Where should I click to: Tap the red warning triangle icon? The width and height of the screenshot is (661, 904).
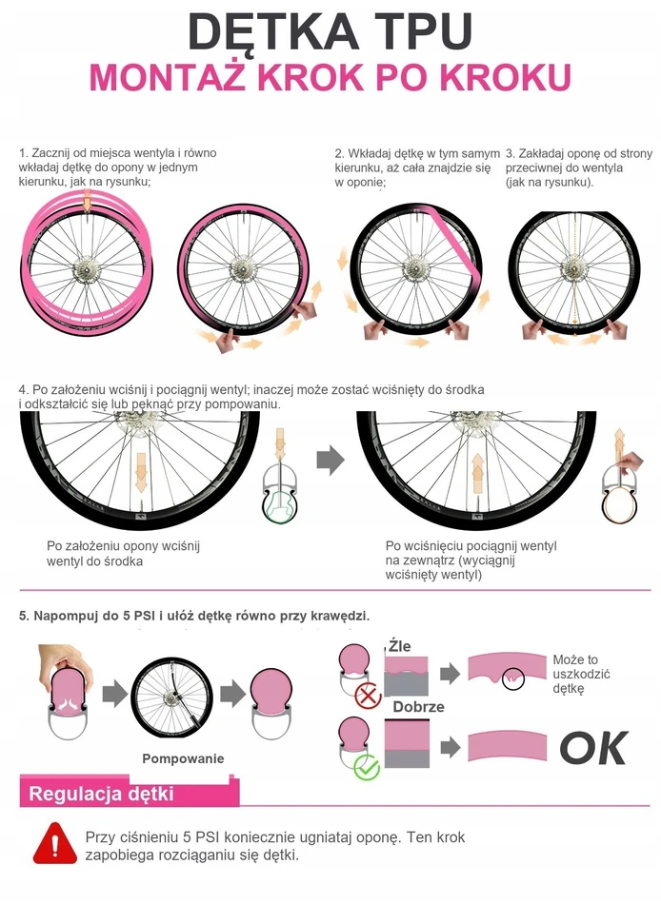(x=55, y=843)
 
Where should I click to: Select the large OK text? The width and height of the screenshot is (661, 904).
(x=593, y=748)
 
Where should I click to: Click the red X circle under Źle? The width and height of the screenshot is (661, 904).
(x=368, y=696)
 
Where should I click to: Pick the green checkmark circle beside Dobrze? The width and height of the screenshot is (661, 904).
(x=367, y=767)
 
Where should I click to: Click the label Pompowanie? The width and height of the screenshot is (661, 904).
(x=183, y=758)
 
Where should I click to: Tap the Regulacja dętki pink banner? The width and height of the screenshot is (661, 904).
(x=130, y=793)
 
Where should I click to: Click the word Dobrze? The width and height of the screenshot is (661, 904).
(x=418, y=707)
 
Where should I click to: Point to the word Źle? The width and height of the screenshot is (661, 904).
(x=399, y=646)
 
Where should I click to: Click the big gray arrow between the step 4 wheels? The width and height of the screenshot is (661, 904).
(x=330, y=460)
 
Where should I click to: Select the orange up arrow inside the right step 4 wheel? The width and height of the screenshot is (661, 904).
(x=477, y=473)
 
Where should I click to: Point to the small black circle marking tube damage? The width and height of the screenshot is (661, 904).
(x=512, y=678)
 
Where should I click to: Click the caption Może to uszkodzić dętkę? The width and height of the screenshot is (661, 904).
(x=581, y=674)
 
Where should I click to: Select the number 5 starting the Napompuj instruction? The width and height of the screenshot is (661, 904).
(x=23, y=616)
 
